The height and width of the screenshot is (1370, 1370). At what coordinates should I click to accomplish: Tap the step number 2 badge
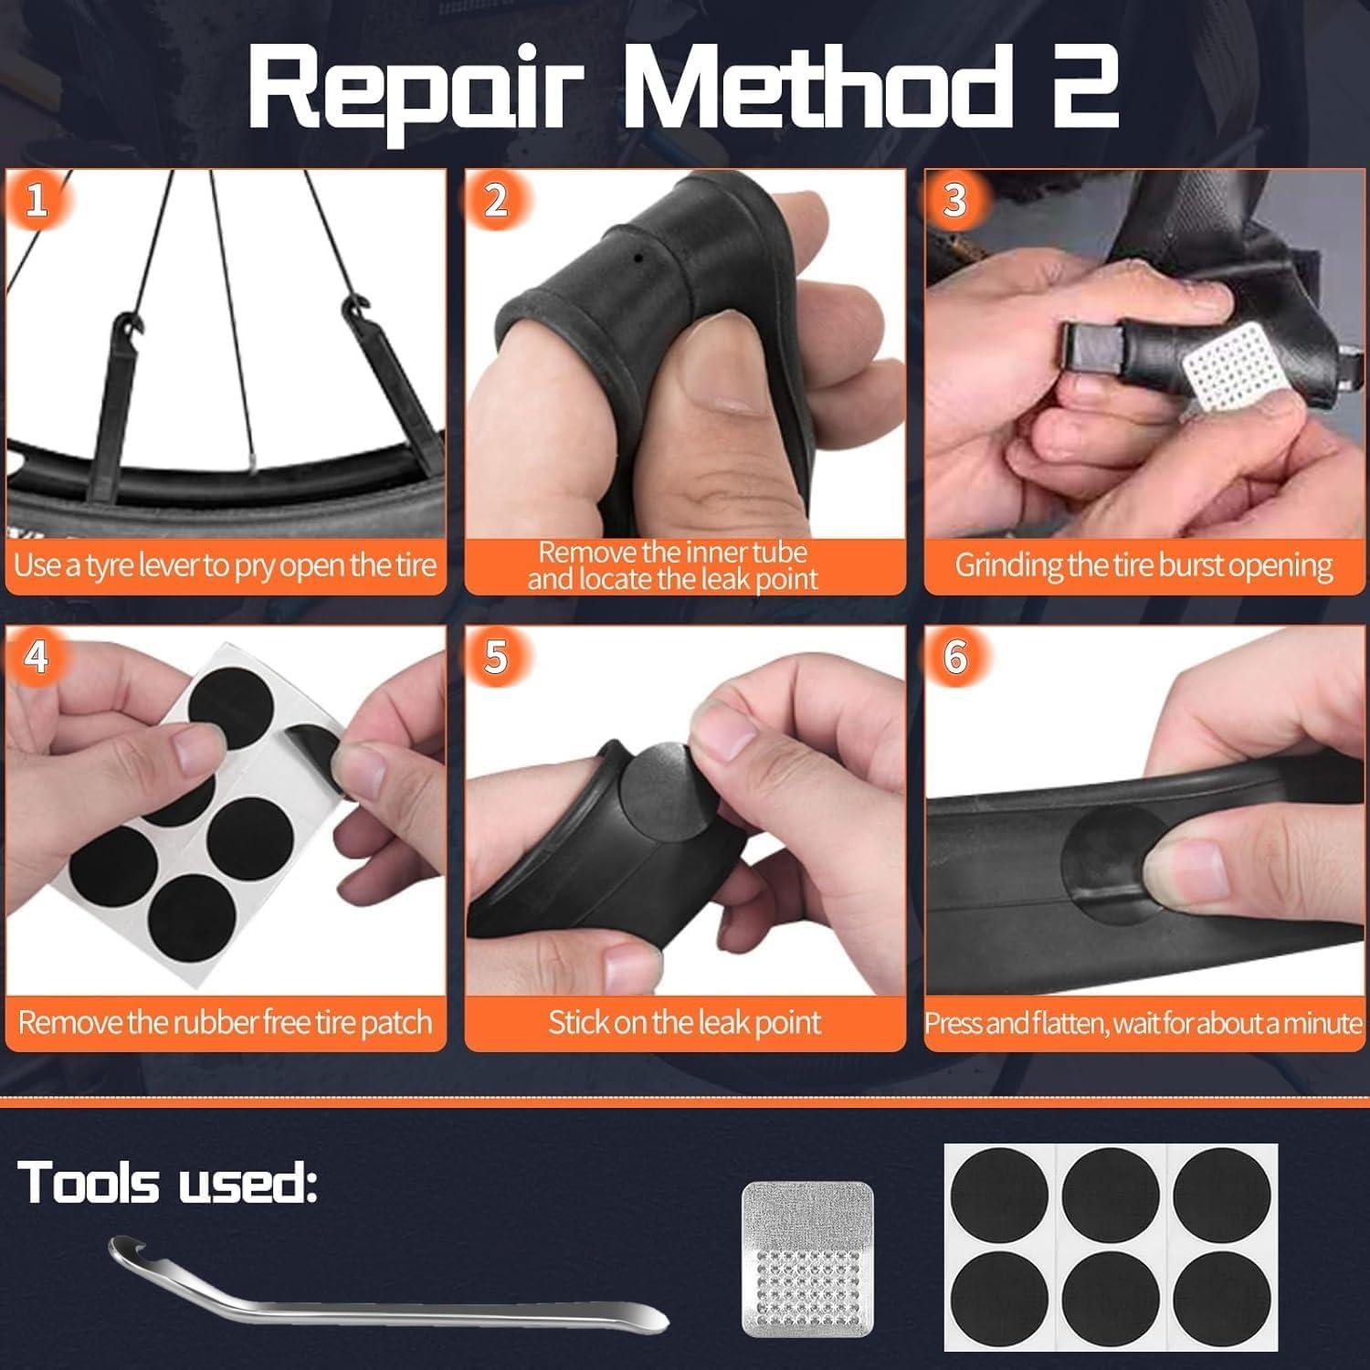point(496,200)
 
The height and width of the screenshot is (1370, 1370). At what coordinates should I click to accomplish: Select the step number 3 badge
point(955,200)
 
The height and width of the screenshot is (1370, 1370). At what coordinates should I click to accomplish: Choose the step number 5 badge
point(496,657)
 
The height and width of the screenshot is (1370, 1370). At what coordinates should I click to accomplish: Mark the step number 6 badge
point(955,657)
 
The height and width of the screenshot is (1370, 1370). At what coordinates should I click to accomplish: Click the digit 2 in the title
point(1085,90)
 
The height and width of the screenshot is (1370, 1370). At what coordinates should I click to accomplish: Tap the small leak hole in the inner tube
point(638,258)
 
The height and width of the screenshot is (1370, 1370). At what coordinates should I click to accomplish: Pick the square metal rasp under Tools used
point(807,1260)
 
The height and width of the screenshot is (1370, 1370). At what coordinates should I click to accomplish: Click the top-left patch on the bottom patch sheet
point(998,1196)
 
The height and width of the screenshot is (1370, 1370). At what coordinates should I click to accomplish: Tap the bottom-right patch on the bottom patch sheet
point(1221,1298)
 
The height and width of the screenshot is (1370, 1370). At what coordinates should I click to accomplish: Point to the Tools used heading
point(168,1183)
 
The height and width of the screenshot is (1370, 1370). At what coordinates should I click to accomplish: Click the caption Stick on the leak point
point(684,1022)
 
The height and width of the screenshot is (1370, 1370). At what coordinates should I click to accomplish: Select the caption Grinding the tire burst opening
point(1143,565)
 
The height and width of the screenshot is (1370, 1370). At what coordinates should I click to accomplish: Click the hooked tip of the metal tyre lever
point(123,1247)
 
